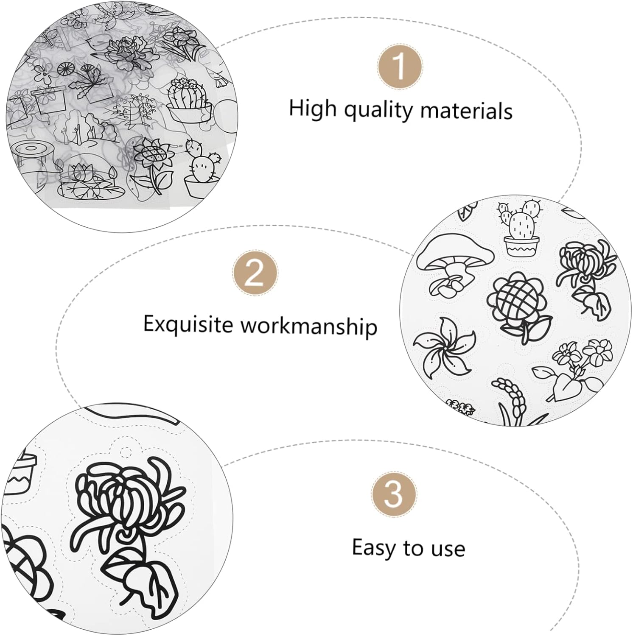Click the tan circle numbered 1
399,67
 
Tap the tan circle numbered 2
255,273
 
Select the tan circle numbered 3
394,494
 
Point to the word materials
466,111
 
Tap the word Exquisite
188,324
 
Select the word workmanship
309,326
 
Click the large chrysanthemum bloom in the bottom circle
123,496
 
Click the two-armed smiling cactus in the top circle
202,167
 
